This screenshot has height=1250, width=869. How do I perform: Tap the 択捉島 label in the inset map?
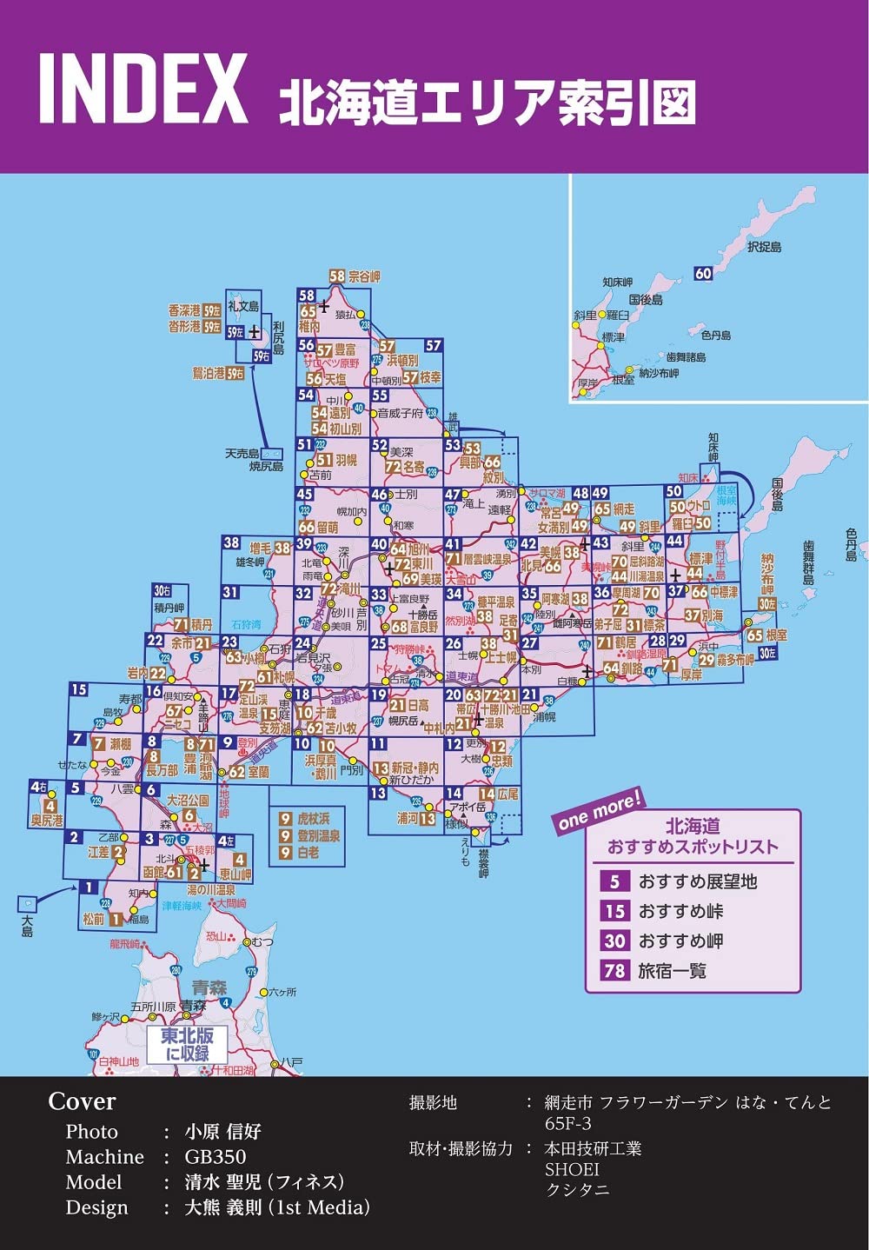pyautogui.click(x=764, y=247)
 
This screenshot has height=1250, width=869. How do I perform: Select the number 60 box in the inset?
pyautogui.click(x=703, y=274)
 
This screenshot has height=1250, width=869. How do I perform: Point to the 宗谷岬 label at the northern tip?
pyautogui.click(x=364, y=276)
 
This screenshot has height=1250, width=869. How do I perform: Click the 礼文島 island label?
pyautogui.click(x=242, y=306)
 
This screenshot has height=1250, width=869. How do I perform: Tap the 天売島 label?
pyautogui.click(x=242, y=454)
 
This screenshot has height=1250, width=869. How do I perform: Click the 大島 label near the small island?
pyautogui.click(x=28, y=931)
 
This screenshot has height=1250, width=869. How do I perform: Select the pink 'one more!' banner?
pyautogui.click(x=599, y=809)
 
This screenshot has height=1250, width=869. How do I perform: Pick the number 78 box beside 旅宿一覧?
pyautogui.click(x=614, y=970)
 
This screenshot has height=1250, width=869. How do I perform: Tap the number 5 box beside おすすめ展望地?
pyautogui.click(x=614, y=881)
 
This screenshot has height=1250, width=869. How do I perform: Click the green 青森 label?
pyautogui.click(x=209, y=987)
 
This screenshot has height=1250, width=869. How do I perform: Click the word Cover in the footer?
pyautogui.click(x=82, y=1101)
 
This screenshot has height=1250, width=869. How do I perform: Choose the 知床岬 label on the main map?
pyautogui.click(x=713, y=447)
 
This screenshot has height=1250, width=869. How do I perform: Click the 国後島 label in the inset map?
pyautogui.click(x=646, y=300)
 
